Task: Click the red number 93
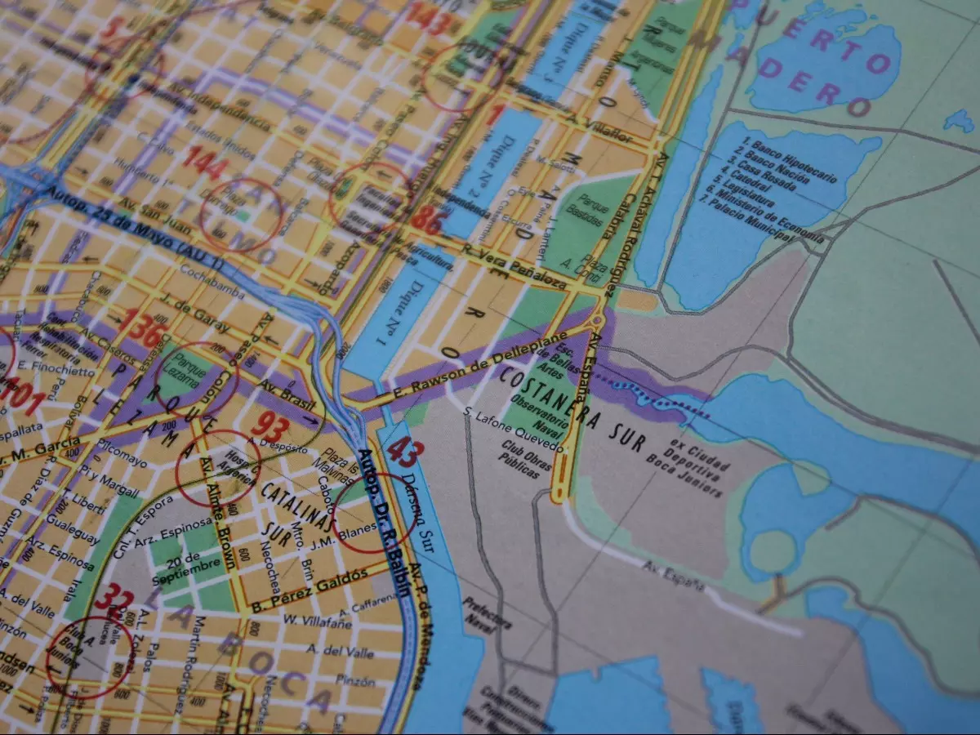click(269, 424)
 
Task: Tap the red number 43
click(402, 452)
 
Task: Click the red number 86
click(425, 219)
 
